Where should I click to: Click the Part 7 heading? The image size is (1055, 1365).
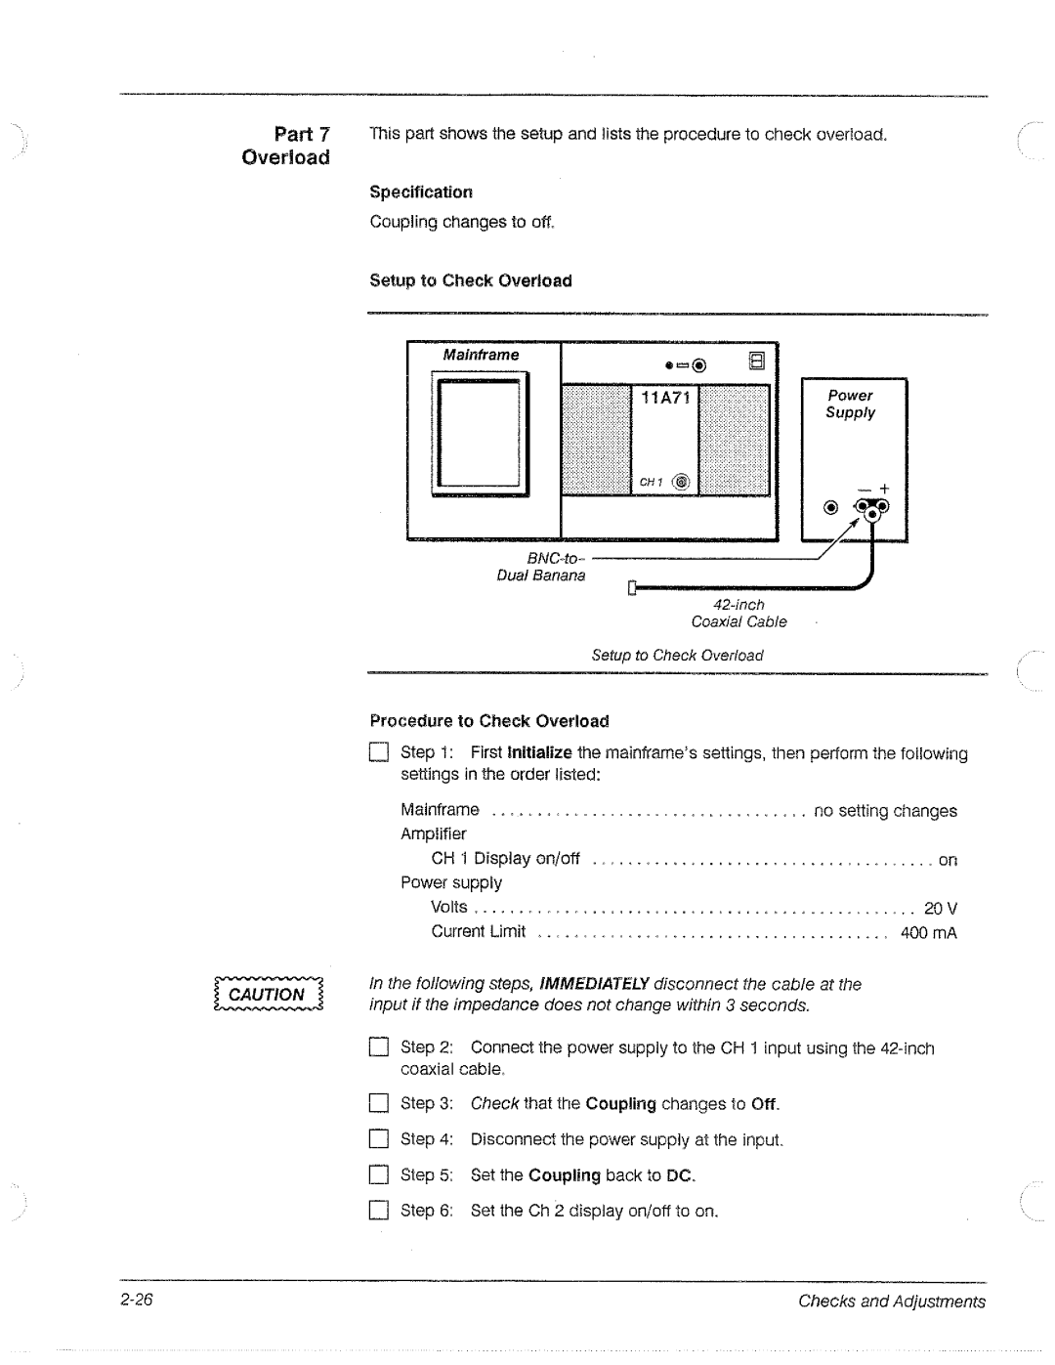tap(302, 134)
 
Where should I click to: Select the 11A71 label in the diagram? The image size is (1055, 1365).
tap(665, 399)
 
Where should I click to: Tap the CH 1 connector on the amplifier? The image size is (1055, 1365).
tap(681, 482)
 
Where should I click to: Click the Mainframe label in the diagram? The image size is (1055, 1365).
tap(481, 355)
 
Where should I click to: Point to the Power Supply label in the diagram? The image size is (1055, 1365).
tap(850, 404)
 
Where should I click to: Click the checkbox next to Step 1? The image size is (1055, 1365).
tap(378, 752)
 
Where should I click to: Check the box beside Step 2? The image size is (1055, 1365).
tap(378, 1048)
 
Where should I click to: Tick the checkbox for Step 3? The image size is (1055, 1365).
tap(378, 1104)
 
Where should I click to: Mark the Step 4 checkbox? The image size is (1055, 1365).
tap(378, 1139)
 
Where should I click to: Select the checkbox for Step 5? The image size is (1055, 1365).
tap(378, 1175)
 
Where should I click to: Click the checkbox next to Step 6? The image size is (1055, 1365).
tap(378, 1212)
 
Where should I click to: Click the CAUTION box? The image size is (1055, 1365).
tap(268, 995)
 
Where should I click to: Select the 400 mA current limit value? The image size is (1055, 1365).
tap(928, 933)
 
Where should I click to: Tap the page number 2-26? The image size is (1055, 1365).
tap(139, 1300)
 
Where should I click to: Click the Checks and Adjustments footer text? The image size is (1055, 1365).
tap(891, 1301)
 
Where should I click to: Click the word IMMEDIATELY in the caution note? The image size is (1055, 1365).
tap(594, 984)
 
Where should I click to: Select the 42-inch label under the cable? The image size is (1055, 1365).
tap(738, 605)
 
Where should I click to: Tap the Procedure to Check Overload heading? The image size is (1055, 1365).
tap(488, 721)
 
